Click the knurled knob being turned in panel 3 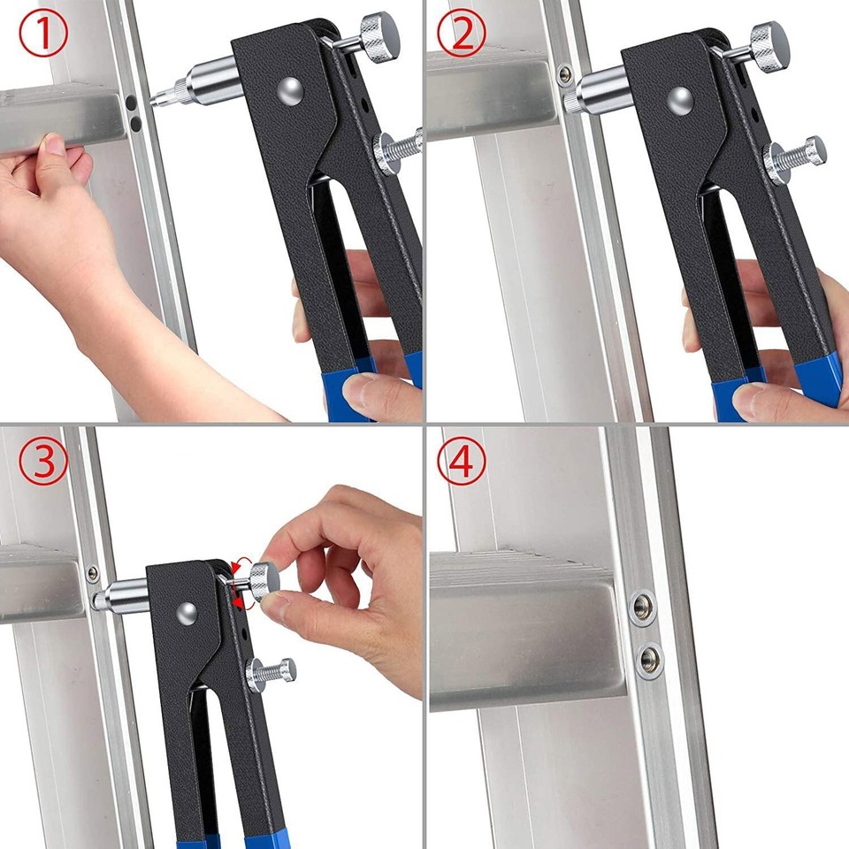[263, 580]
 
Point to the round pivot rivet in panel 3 [185, 611]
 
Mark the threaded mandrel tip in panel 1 [168, 91]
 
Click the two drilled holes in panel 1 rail [131, 110]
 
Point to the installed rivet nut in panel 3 [93, 572]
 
